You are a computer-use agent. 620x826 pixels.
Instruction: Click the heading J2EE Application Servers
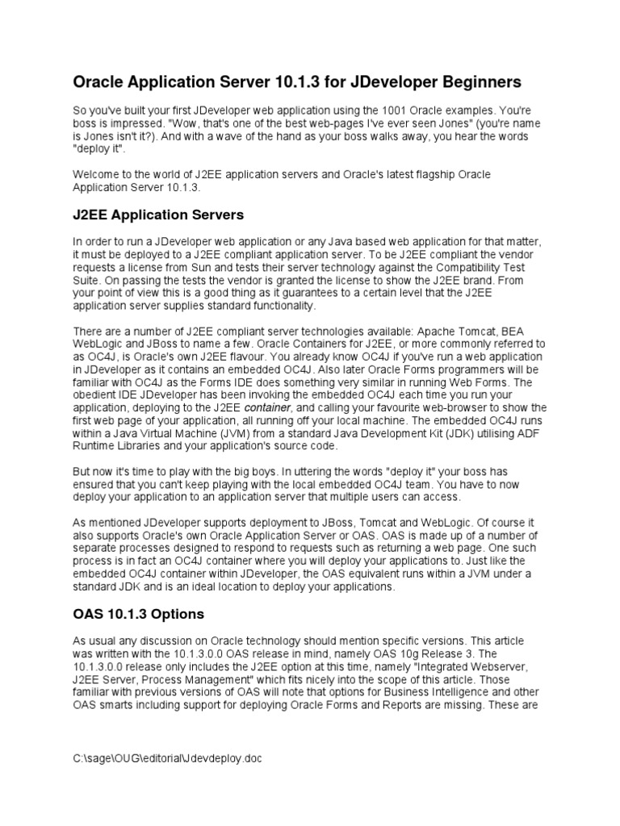click(x=158, y=215)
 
